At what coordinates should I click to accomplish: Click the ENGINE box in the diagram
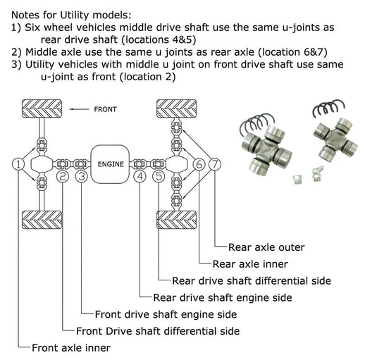(111, 164)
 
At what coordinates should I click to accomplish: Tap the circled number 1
(18, 164)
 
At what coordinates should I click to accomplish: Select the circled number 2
(63, 176)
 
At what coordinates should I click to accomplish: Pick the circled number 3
(82, 176)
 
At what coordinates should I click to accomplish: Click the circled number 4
(140, 176)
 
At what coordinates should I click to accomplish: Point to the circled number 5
(158, 176)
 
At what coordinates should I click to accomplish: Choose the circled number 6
(199, 164)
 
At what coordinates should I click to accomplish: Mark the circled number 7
(215, 164)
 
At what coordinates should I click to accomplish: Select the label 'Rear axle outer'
(266, 247)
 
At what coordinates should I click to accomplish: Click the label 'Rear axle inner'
(250, 264)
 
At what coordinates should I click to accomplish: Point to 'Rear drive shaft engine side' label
(223, 297)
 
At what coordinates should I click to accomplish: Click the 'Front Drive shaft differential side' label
(158, 330)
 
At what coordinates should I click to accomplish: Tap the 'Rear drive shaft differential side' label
(251, 280)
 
